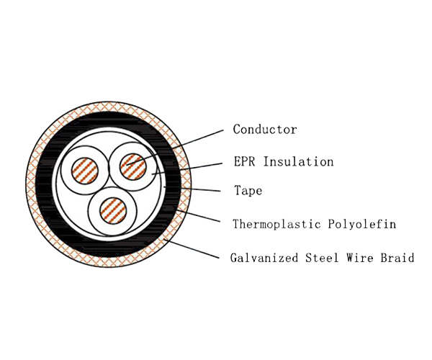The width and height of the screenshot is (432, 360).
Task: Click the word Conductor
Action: (264, 130)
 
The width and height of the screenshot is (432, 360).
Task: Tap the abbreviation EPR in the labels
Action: (246, 161)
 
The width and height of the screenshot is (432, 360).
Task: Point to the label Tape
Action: (248, 192)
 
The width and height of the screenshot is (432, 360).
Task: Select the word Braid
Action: (397, 257)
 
